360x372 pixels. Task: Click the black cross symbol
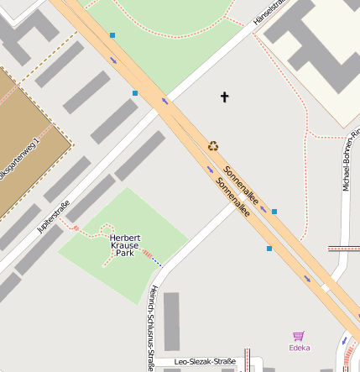pos(224,97)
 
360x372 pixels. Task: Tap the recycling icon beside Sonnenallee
pos(213,146)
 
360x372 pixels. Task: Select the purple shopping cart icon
pos(298,336)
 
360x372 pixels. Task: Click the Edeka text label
pos(299,348)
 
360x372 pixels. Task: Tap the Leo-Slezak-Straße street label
pos(205,362)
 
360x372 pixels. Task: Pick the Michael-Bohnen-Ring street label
pos(349,160)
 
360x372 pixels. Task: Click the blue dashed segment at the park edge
pos(157,261)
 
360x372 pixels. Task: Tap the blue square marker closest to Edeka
pos(269,249)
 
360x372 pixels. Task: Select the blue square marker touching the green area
pos(112,35)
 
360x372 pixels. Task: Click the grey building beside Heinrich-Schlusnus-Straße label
pos(172,321)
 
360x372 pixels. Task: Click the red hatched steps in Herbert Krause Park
pos(148,253)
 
